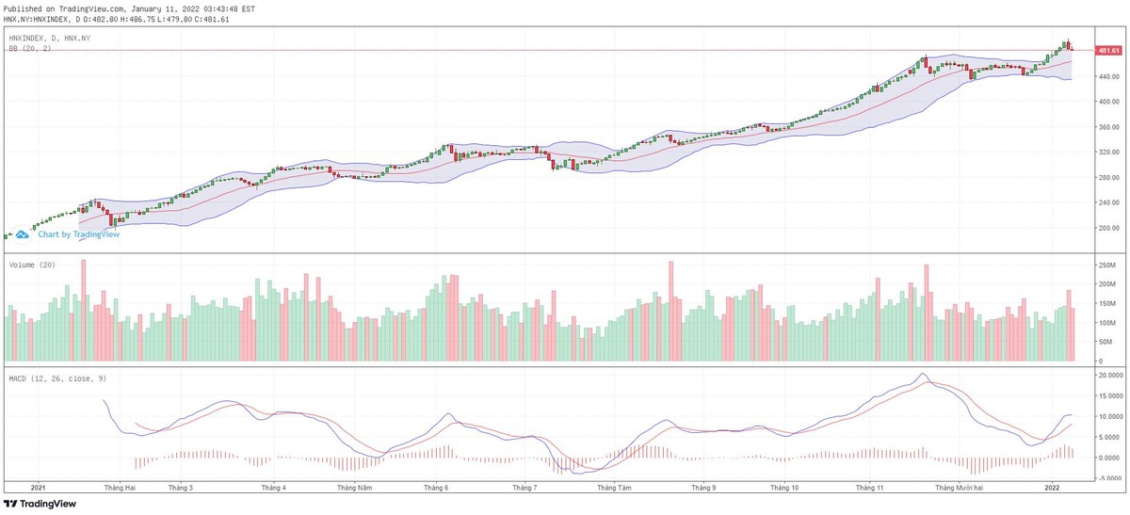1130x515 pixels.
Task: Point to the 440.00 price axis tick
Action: (1106, 76)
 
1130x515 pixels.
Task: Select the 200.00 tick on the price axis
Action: (1106, 228)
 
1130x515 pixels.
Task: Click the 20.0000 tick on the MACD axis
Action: (1109, 375)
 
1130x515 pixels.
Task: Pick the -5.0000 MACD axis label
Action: (1109, 478)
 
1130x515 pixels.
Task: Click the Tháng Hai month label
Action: (121, 489)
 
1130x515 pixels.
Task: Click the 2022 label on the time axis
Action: (1052, 489)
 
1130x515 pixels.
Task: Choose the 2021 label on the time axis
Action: (39, 489)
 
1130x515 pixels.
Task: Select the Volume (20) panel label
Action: (33, 266)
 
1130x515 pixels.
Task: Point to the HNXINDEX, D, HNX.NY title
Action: (49, 38)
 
